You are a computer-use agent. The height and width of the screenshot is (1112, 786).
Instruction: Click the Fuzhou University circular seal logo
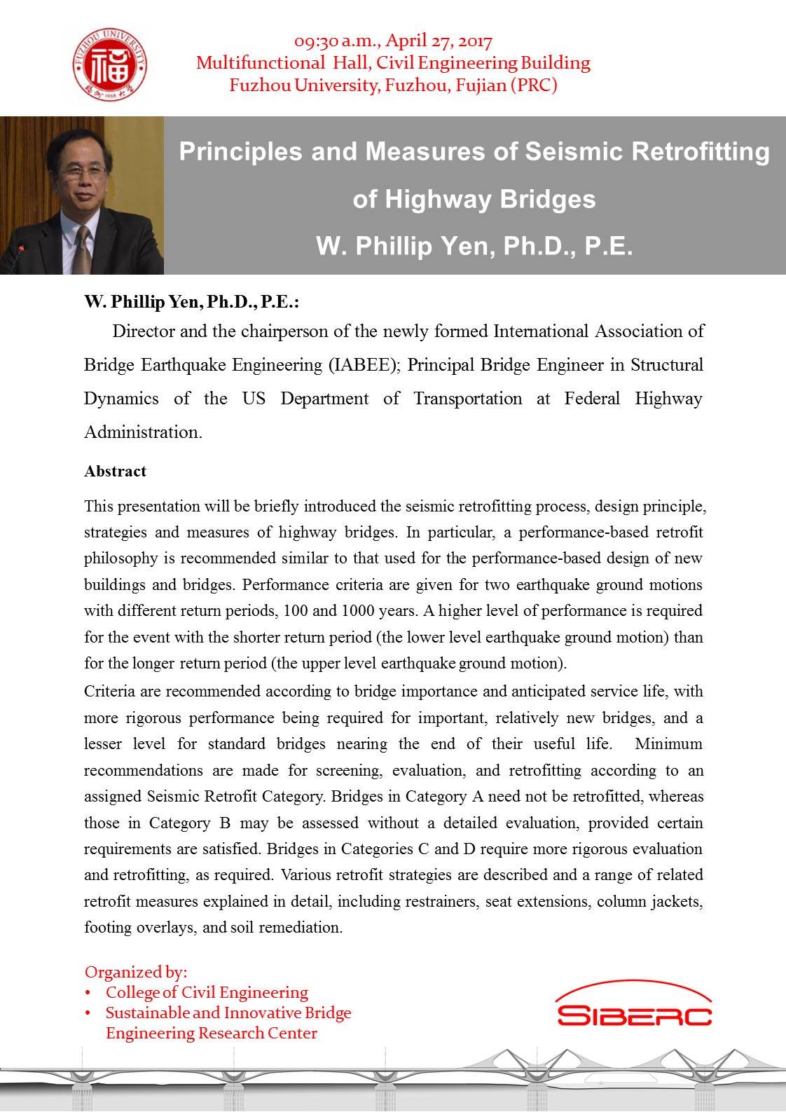[111, 67]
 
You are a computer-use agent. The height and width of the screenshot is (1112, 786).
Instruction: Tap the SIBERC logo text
[634, 1015]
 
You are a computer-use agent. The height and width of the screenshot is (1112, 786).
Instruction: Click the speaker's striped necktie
[82, 249]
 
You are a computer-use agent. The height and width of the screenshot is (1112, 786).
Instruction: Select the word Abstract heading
[115, 472]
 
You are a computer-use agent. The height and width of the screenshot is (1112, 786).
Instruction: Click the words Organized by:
[136, 972]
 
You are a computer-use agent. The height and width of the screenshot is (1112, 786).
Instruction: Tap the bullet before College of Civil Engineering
[88, 993]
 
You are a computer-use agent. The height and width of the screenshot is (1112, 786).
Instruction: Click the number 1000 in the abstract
[358, 611]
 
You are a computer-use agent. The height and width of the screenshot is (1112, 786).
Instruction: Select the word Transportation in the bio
[467, 399]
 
